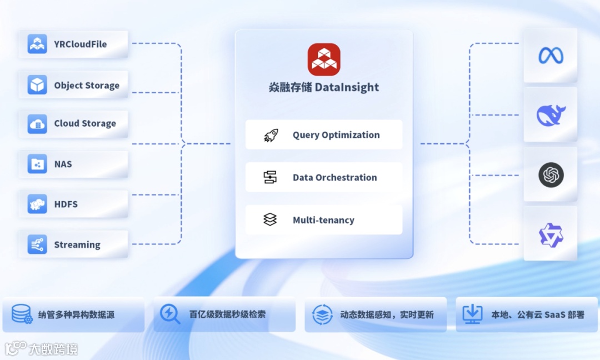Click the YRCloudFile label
[x=80, y=44]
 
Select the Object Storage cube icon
[x=37, y=85]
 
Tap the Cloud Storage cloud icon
[x=37, y=123]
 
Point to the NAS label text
[x=63, y=164]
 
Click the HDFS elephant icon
[x=37, y=204]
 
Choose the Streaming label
[x=77, y=245]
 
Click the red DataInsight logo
[x=324, y=59]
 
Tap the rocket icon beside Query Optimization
[x=270, y=135]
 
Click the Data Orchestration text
[x=334, y=178]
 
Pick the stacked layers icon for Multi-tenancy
[x=270, y=220]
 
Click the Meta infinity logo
[x=551, y=55]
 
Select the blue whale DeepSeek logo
[x=551, y=115]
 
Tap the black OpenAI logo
[x=551, y=175]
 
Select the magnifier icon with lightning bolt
[x=169, y=314]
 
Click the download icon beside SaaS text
[x=472, y=314]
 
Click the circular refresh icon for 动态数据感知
[x=322, y=314]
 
